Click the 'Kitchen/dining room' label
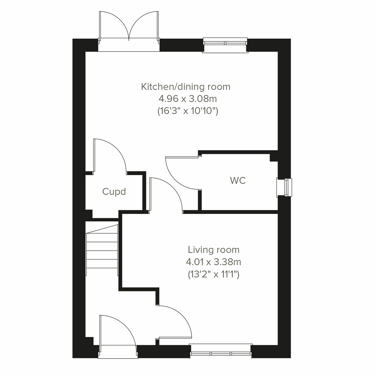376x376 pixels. [x=186, y=87]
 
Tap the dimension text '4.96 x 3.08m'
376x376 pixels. [x=188, y=99]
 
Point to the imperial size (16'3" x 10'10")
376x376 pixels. [x=188, y=111]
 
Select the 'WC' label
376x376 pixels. [x=238, y=181]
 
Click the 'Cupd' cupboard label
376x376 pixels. [x=114, y=191]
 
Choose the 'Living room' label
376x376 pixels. [x=214, y=250]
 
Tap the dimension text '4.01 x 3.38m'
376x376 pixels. [x=214, y=262]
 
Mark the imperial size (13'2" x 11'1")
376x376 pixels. [x=214, y=274]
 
